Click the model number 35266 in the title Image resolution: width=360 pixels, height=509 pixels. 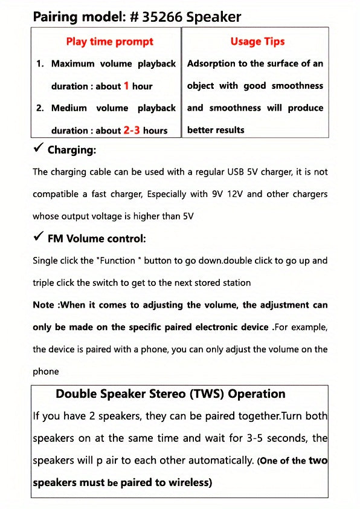162,17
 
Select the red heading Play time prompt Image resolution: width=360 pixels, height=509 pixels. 109,42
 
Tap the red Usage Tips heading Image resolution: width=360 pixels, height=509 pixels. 257,42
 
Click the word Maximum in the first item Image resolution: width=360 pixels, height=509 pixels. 71,63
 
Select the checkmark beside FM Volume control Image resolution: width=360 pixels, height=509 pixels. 38,238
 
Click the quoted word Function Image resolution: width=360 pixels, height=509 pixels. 121,261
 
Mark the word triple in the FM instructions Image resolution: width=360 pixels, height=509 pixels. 45,283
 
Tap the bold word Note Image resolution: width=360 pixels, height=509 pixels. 44,305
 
